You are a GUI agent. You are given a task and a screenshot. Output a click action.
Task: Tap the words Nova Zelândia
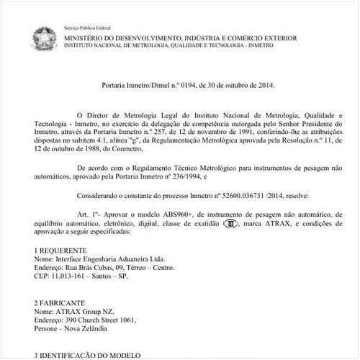(x=82, y=329)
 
